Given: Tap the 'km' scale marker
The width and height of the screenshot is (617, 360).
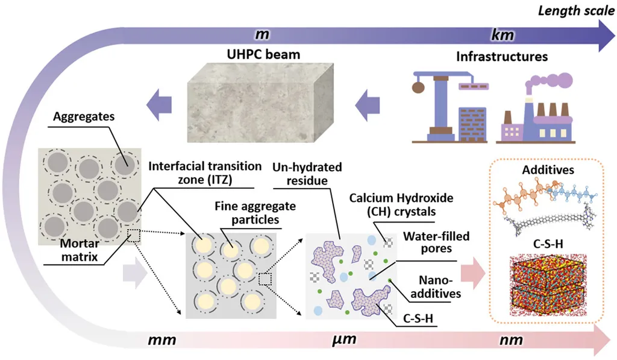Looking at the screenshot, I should point(502,36).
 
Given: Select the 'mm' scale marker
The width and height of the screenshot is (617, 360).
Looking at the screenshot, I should point(161,339).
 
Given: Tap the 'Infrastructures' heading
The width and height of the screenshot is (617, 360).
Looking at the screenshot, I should point(501,58).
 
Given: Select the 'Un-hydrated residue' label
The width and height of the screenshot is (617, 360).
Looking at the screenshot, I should point(307,173).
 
